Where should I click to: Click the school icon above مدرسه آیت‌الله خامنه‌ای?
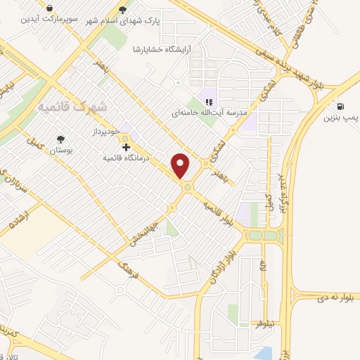tap(208, 101)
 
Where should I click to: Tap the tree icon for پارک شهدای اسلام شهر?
tap(124, 10)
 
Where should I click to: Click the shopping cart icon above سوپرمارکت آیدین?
tap(50, 7)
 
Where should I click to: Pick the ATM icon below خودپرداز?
tap(126, 146)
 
